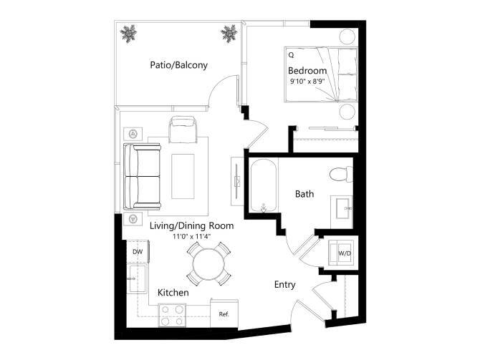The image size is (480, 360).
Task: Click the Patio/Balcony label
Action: click(178, 65)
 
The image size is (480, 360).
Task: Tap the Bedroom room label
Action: click(307, 71)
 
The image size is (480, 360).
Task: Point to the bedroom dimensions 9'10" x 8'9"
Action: click(307, 82)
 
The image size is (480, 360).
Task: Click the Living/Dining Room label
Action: click(192, 225)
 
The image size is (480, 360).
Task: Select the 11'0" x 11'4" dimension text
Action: click(192, 236)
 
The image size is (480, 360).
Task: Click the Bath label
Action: click(304, 193)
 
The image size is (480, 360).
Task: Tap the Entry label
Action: click(284, 285)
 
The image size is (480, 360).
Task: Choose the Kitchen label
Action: click(173, 293)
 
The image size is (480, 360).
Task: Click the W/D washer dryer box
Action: click(343, 253)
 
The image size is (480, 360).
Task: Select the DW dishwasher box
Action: click(137, 252)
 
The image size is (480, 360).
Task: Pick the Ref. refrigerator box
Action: click(224, 313)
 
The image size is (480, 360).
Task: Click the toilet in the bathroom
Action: click(339, 173)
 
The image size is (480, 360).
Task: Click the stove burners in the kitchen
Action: click(172, 313)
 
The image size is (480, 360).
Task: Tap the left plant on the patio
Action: click(130, 33)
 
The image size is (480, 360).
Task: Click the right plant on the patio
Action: click(229, 33)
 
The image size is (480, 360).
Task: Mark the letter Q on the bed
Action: click(291, 54)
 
